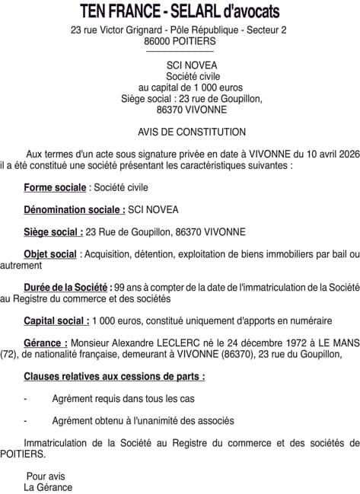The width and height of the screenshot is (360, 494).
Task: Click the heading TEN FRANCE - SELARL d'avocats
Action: pos(180,11)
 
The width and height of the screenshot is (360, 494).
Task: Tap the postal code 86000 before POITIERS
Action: pos(159,41)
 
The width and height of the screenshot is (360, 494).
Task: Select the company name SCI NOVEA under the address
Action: pos(180,65)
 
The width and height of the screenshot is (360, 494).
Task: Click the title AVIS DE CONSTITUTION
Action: pos(180,132)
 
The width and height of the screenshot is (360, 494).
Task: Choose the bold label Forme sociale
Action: pos(55,187)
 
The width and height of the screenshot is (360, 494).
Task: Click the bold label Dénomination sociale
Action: pos(75,209)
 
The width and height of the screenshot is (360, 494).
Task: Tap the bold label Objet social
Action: pos(50,254)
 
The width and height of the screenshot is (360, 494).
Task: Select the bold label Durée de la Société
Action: pos(67,288)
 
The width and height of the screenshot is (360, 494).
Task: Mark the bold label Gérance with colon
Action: pos(46,343)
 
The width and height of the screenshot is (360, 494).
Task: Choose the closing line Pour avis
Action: pos(46,476)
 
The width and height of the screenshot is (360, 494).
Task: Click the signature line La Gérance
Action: pos(48,487)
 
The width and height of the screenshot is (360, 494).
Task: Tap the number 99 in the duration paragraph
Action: pos(117,288)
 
